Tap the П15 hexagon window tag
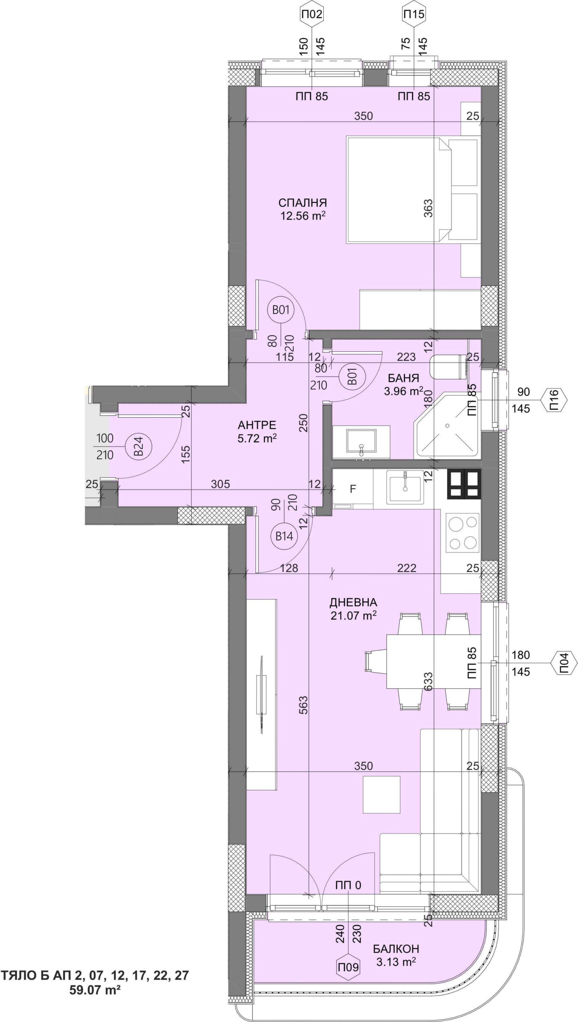click(414, 15)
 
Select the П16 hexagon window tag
click(554, 400)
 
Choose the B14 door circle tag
click(285, 536)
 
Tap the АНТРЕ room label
click(257, 425)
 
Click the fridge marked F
click(352, 489)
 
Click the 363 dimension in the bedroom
click(428, 208)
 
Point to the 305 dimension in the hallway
click(220, 484)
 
